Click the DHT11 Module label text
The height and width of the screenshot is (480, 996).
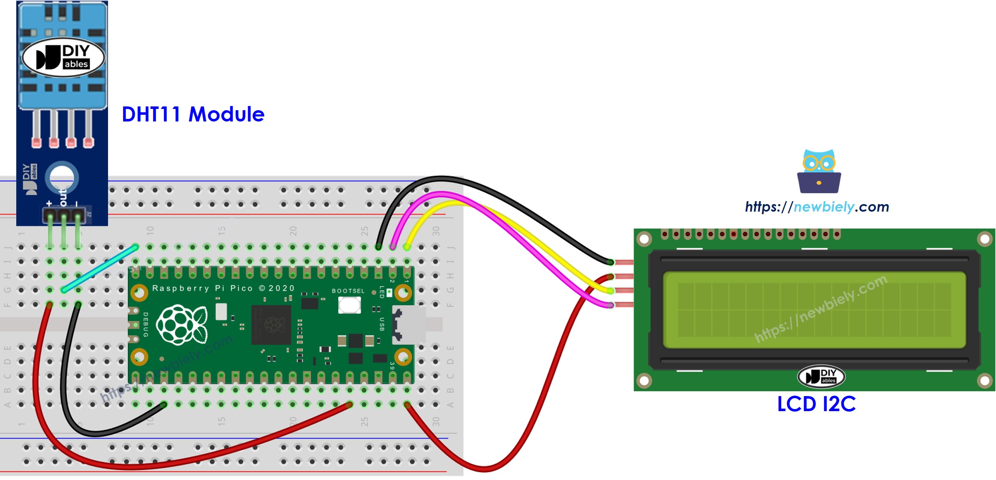193,114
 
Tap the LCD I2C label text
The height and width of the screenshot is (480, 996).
816,404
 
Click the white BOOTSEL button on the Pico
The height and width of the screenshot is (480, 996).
349,305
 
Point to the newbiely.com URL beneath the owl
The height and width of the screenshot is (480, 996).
817,207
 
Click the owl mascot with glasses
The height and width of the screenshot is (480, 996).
819,171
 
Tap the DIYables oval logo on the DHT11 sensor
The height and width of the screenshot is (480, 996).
63,58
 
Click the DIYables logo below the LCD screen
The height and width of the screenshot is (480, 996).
821,376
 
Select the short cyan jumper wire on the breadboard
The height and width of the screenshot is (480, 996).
99,268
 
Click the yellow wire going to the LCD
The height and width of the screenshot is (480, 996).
521,234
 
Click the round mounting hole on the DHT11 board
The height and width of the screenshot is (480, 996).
62,177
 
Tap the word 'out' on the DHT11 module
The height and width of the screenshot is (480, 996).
63,197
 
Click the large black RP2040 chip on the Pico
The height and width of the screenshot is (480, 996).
271,325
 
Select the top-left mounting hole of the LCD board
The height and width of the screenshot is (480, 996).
644,239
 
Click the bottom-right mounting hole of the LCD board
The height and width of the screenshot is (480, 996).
985,381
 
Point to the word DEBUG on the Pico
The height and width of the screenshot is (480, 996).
146,324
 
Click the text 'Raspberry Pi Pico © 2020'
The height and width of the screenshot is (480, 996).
223,288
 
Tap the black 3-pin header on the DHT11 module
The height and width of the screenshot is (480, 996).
64,215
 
